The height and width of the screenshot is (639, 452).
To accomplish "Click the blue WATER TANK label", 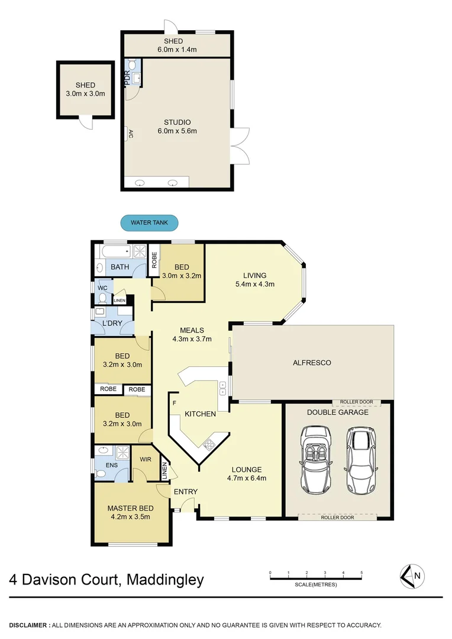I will (x=149, y=223).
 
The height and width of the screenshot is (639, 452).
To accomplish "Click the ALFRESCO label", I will (x=313, y=363).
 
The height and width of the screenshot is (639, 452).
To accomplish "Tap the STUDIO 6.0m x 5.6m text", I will (x=176, y=127).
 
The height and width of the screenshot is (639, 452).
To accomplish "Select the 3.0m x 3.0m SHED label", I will (x=85, y=89).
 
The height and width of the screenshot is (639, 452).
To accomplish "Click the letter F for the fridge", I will (x=175, y=404).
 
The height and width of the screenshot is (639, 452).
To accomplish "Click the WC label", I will (x=101, y=288).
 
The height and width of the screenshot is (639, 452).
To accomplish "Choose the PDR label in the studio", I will (x=127, y=78).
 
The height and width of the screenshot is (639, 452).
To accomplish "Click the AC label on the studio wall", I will (x=130, y=134).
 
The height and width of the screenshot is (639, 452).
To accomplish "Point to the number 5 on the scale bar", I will (x=361, y=573).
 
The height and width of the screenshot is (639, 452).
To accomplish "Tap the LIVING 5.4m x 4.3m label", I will (x=254, y=279).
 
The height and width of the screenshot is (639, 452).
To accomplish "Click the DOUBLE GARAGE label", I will (x=337, y=412).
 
